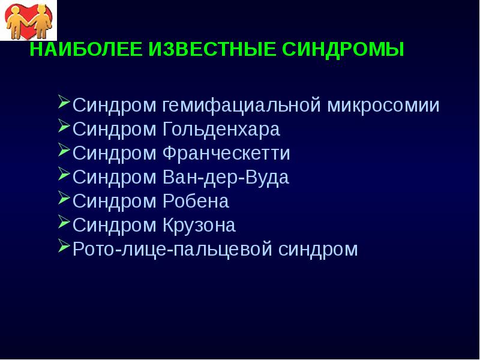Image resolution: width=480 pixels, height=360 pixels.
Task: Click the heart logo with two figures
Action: pyautogui.click(x=29, y=19)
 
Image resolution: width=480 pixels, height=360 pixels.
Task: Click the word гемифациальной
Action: pyautogui.click(x=243, y=106)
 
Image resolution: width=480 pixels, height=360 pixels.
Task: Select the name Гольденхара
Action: pyautogui.click(x=221, y=130)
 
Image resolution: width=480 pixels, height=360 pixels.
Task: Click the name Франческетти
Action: pyautogui.click(x=226, y=154)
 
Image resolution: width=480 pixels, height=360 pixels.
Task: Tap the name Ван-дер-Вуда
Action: pyautogui.click(x=226, y=178)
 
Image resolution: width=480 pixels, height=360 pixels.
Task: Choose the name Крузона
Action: pyautogui.click(x=199, y=226)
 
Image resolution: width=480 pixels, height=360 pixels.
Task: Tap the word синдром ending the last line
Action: pyautogui.click(x=318, y=250)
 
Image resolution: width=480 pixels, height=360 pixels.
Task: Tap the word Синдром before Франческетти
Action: pyautogui.click(x=115, y=154)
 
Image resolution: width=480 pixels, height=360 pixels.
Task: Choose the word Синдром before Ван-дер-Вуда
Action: pyautogui.click(x=115, y=178)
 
